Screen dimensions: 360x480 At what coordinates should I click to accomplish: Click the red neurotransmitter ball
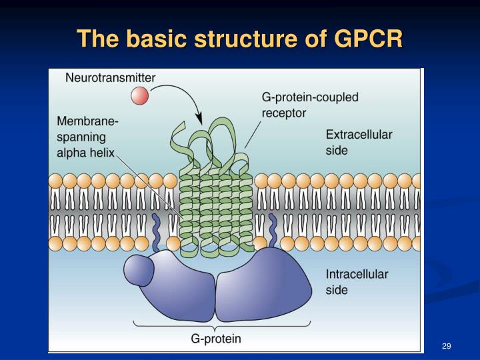139,96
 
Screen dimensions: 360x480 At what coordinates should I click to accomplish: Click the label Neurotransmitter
110,77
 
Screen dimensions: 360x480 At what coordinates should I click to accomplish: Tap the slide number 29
447,345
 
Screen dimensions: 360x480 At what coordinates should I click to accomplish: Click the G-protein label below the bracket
216,339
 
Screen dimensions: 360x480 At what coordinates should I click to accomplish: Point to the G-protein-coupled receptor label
309,105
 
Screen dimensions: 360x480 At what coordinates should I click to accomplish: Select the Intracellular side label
357,282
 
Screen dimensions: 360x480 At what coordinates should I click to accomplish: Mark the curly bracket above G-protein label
216,325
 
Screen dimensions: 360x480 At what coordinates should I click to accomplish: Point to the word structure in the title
244,39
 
